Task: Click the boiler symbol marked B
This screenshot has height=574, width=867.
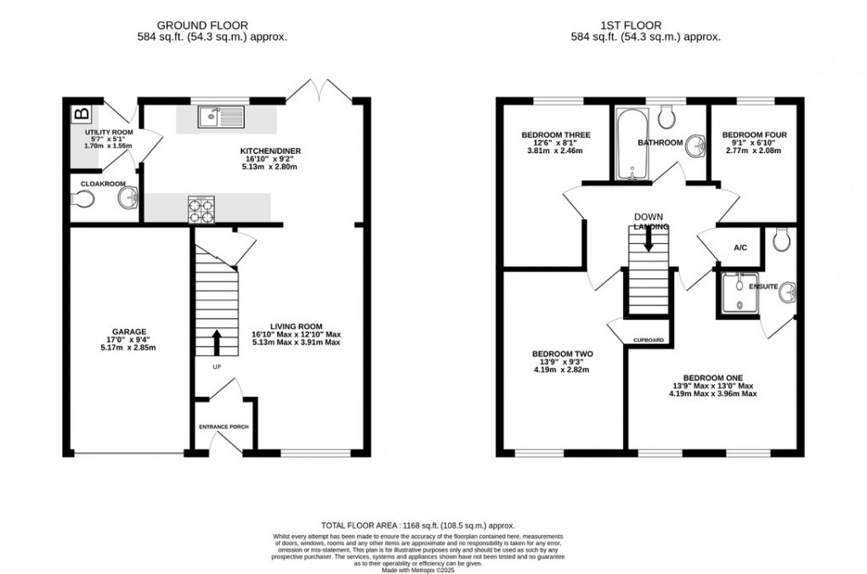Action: pos(82,114)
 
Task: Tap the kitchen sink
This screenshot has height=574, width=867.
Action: pos(219,117)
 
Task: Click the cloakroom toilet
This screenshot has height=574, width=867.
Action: pos(83,199)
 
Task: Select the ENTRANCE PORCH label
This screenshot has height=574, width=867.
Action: pos(224,426)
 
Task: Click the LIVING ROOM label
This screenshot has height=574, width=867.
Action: pos(297,326)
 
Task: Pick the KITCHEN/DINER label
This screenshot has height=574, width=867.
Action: pos(270,151)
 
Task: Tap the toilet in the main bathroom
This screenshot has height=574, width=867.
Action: pos(666,115)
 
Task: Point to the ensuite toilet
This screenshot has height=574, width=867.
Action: pos(782,242)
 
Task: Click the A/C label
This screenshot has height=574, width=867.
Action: pos(739,248)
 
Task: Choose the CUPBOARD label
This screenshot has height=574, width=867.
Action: pos(649,340)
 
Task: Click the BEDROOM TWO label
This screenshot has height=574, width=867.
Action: pos(562,354)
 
